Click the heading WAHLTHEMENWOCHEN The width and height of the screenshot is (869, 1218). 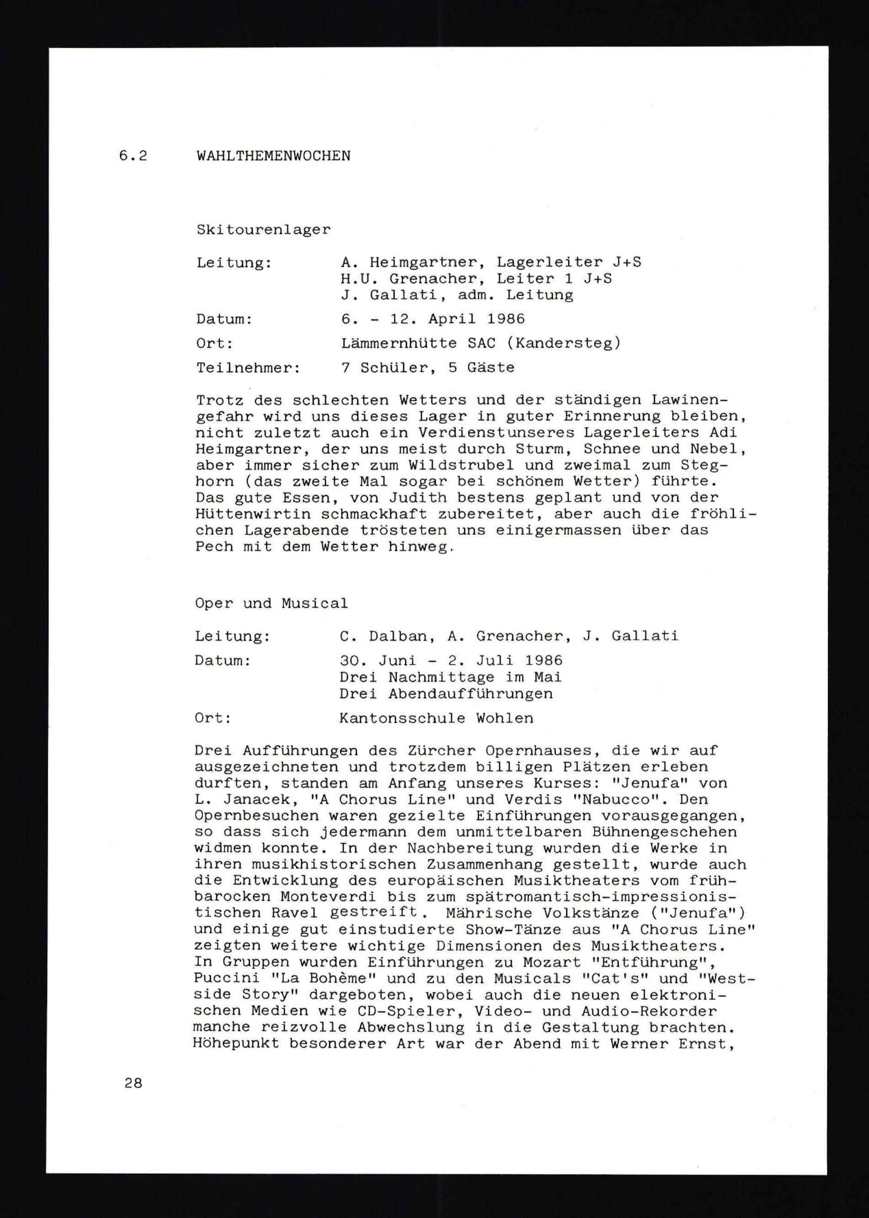click(x=273, y=156)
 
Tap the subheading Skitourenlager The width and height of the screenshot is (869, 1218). click(x=263, y=230)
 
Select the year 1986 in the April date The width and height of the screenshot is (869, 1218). click(x=506, y=319)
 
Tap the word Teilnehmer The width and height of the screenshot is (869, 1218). click(x=248, y=368)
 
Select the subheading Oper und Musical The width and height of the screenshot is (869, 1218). click(x=271, y=604)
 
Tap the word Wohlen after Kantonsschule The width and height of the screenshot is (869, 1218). click(x=504, y=718)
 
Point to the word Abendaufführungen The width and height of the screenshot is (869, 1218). click(x=471, y=693)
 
